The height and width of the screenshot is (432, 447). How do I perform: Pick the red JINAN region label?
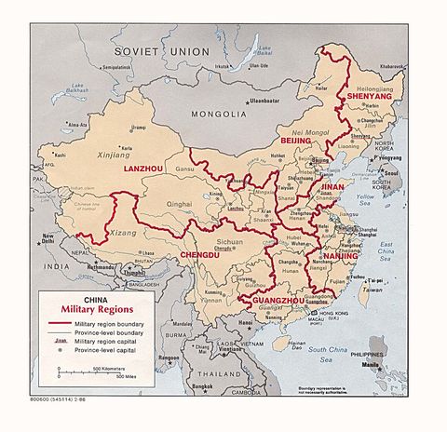click(x=333, y=187)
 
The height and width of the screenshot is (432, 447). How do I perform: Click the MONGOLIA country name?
click(x=217, y=114)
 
